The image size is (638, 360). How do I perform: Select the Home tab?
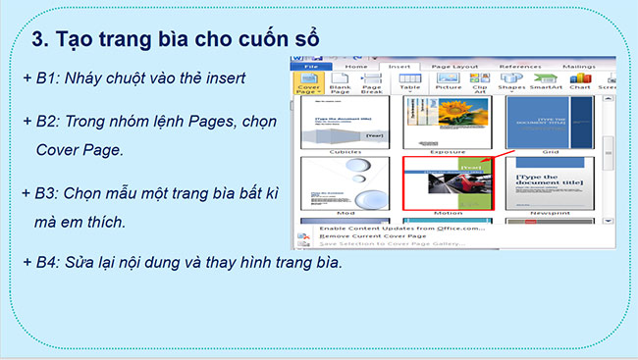tap(357, 68)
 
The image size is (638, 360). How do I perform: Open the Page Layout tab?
tap(457, 68)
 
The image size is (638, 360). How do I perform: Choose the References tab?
tap(520, 68)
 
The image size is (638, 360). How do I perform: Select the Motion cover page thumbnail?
tap(447, 183)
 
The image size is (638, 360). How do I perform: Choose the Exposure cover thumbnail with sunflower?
tap(447, 123)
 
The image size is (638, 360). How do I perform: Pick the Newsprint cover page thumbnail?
tap(551, 183)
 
